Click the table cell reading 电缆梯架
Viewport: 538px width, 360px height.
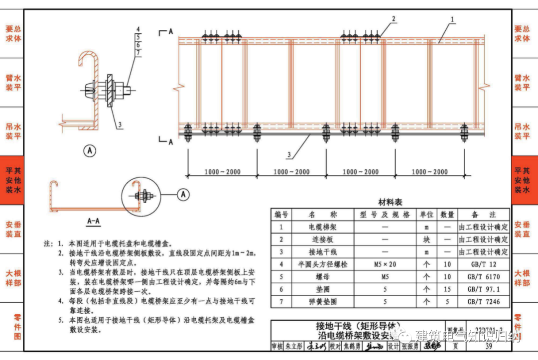tap(322, 227)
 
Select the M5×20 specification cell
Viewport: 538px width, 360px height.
tap(385, 264)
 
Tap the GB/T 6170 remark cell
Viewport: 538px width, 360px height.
tap(483, 277)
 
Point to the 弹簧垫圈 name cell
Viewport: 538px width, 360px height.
tap(322, 302)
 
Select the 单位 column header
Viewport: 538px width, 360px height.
tap(426, 215)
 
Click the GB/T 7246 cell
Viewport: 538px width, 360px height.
tap(483, 302)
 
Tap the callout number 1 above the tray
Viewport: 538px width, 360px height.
tap(452, 19)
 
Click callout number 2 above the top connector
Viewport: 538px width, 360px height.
tap(394, 19)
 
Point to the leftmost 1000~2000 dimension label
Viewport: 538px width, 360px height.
tap(222, 172)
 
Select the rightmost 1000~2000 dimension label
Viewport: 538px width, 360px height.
tap(429, 172)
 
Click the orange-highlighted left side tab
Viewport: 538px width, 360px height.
tap(12, 180)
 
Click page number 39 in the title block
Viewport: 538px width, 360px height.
tap(488, 347)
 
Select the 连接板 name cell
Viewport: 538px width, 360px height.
tap(322, 240)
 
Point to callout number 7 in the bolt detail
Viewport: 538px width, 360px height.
tap(138, 52)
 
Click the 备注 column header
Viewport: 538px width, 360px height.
tap(483, 215)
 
